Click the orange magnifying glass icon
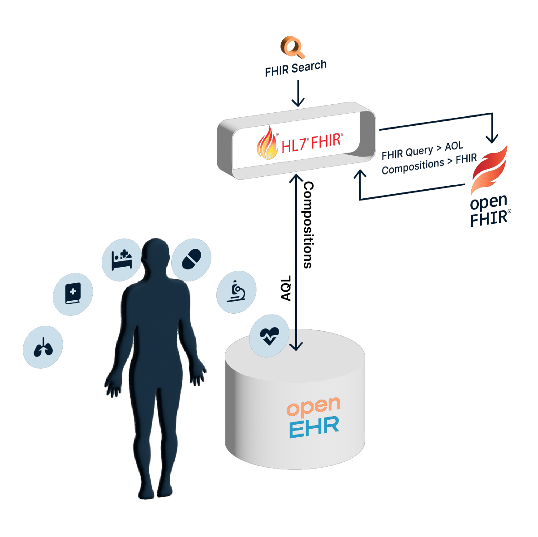point(293,47)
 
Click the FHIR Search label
point(296,68)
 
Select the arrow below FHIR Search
point(298,94)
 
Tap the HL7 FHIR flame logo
point(267,143)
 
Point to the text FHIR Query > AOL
point(422,150)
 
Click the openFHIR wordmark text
point(489,211)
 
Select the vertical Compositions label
point(308,225)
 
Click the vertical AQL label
point(286,288)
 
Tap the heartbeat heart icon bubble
point(269,335)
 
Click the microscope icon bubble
point(236,292)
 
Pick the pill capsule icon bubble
point(191,260)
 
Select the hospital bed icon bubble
point(122,260)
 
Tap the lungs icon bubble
point(43,347)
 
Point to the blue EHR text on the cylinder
point(314,427)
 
